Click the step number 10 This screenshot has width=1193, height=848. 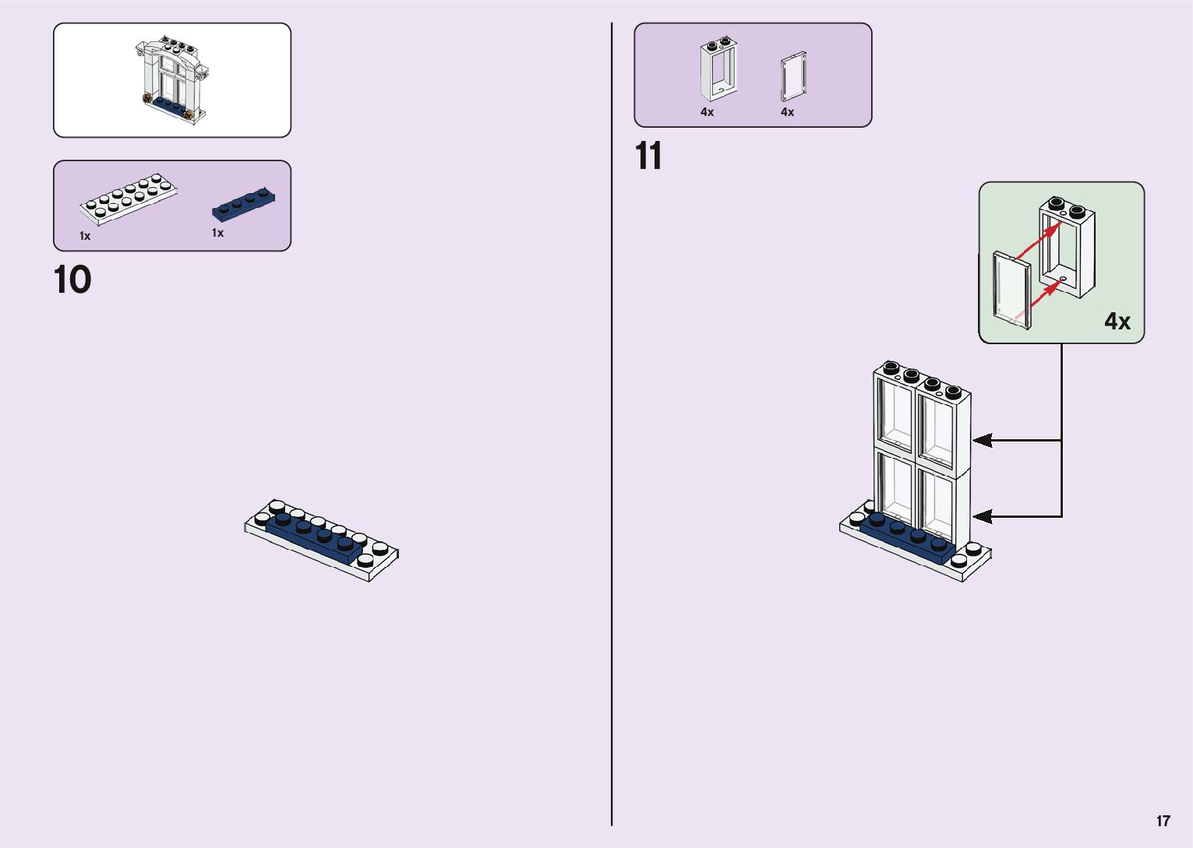click(72, 280)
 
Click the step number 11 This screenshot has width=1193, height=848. click(648, 157)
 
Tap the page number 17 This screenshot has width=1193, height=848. click(1163, 821)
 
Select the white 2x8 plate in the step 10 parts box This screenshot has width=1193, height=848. click(128, 199)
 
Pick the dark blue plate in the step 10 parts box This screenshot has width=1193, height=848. click(244, 204)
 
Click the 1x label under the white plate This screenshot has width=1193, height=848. click(85, 236)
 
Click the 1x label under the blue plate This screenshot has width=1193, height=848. click(217, 233)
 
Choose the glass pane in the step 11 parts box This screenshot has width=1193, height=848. click(793, 76)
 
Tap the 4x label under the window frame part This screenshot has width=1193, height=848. click(707, 112)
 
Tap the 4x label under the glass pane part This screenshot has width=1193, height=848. click(787, 112)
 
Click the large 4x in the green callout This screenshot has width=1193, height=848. click(1117, 321)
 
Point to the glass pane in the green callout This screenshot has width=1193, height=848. click(1012, 290)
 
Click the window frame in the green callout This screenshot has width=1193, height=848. click(1067, 248)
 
